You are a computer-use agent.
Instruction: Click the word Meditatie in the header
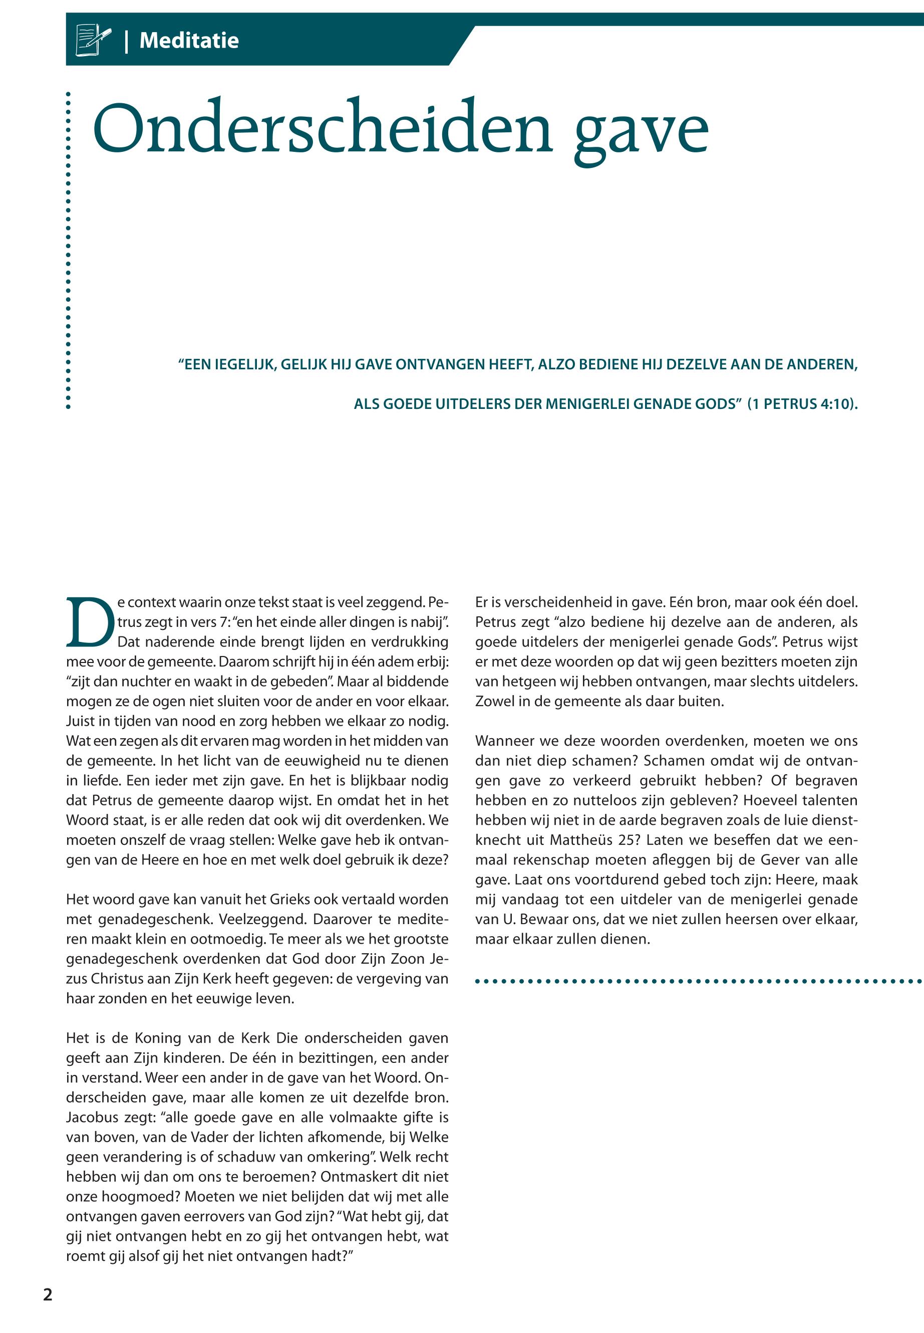(189, 41)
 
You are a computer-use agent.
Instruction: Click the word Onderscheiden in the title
(322, 129)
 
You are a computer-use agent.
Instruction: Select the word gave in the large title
(641, 132)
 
